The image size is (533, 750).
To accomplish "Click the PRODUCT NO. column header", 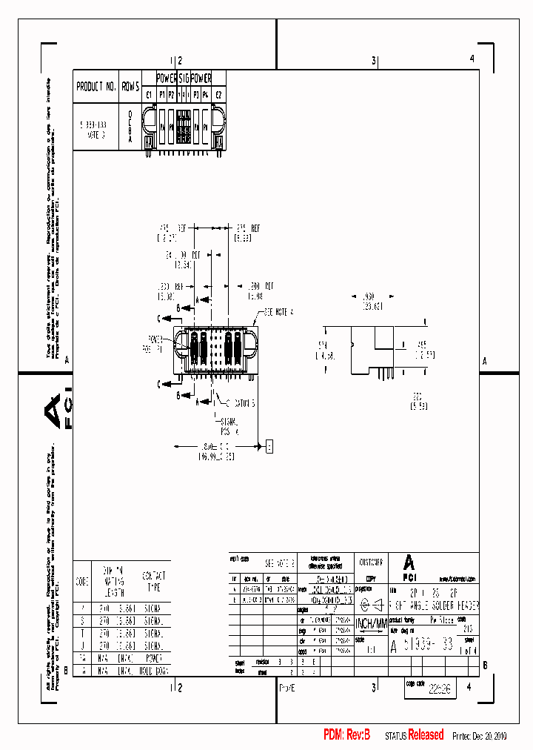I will pyautogui.click(x=96, y=87).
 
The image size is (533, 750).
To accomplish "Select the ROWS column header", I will pyautogui.click(x=130, y=87).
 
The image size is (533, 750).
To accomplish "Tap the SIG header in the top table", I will pyautogui.click(x=184, y=77).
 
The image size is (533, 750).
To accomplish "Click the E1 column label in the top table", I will pyautogui.click(x=148, y=95).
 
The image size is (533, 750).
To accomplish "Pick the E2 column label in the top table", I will pyautogui.click(x=218, y=95).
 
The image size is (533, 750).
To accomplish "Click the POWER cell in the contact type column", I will pyautogui.click(x=154, y=657).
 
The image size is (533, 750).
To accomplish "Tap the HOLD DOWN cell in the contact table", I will pyautogui.click(x=154, y=670).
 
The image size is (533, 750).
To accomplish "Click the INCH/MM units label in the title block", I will pyautogui.click(x=370, y=623).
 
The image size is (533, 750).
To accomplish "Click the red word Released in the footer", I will pyautogui.click(x=426, y=735).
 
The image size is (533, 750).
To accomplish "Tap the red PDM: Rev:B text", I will pyautogui.click(x=346, y=735).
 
